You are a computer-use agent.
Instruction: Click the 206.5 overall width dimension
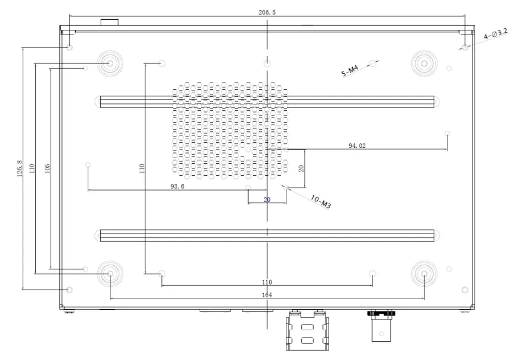[x=267, y=13]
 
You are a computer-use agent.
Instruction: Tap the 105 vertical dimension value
[x=48, y=169]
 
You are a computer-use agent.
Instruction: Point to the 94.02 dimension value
[x=357, y=146]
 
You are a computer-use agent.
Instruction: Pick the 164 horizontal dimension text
[x=267, y=295]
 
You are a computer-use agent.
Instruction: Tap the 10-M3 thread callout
[x=320, y=202]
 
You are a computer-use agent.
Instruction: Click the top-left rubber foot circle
[x=110, y=63]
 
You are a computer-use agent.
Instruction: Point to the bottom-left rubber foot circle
[x=110, y=274]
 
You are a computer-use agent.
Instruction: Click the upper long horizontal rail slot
[x=267, y=102]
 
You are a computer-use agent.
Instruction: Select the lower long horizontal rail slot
[x=267, y=236]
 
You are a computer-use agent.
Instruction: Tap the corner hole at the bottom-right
[x=465, y=290]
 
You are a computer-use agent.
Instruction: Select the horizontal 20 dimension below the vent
[x=267, y=199]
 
